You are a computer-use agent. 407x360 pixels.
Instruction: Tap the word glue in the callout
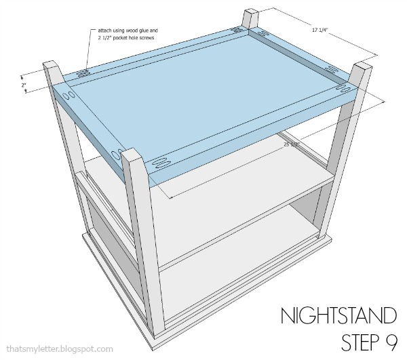coord(143,30)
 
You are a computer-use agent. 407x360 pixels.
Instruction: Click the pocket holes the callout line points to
coord(83,73)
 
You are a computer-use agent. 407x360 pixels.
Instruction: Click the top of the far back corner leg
coord(247,13)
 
